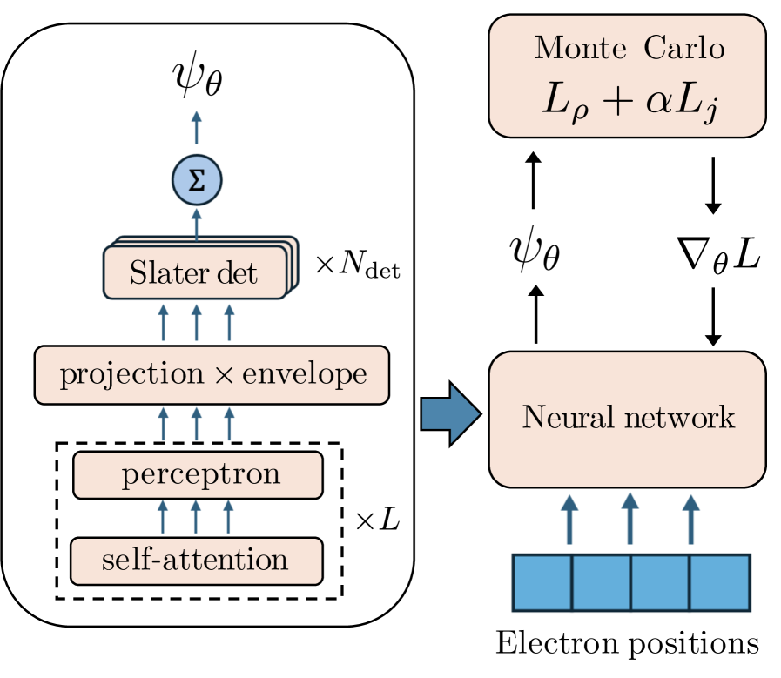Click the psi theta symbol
pos(196,79)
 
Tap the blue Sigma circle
pos(196,181)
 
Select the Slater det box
pos(193,274)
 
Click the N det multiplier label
pos(358,267)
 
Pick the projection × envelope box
pos(212,375)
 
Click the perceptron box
pos(199,475)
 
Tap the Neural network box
pos(628,419)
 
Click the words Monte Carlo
pos(629,48)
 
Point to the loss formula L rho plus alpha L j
pos(629,104)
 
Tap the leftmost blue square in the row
pos(542,583)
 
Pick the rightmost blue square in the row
pos(720,583)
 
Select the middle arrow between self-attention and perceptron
pos(196,517)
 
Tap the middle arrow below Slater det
pos(196,321)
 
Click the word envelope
pos(304,375)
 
